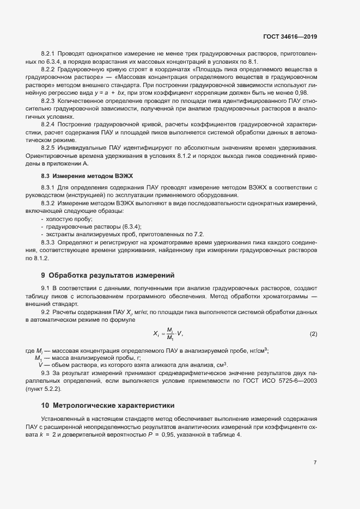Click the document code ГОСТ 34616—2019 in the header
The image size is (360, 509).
pyautogui.click(x=289, y=36)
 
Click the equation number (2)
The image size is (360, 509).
pyautogui.click(x=313, y=333)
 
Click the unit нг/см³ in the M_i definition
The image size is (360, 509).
pyautogui.click(x=259, y=351)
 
